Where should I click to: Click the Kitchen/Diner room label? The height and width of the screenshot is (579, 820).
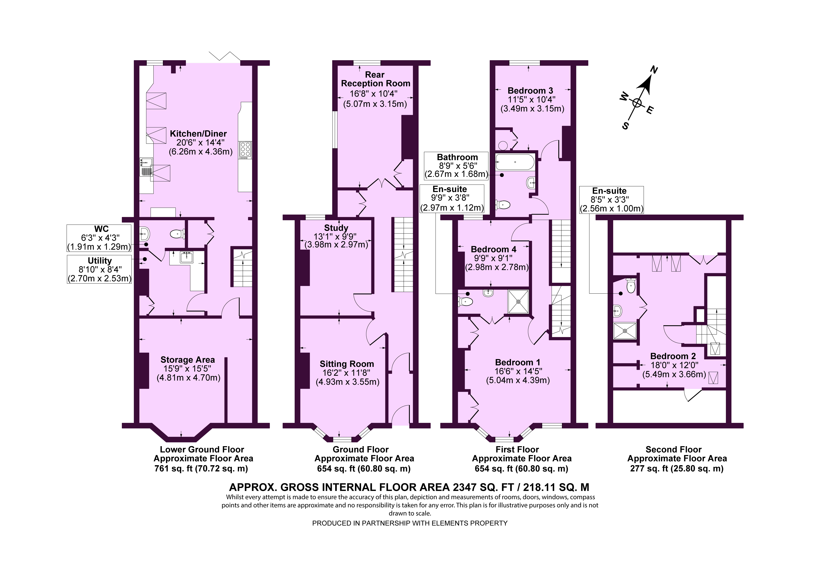(198, 134)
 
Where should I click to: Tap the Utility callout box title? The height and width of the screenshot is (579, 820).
(100, 261)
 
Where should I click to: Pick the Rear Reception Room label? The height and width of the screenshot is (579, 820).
(375, 79)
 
